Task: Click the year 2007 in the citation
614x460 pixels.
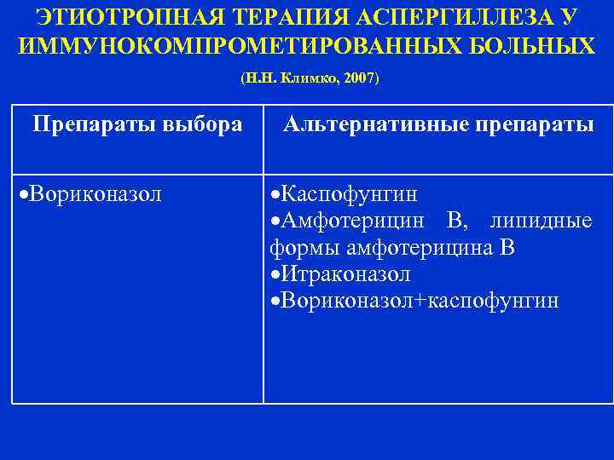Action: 358,78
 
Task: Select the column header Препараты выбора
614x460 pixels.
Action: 137,125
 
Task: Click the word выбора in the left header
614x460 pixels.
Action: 200,125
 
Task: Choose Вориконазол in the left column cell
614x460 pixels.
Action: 95,195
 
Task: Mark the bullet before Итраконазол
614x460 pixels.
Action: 275,276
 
